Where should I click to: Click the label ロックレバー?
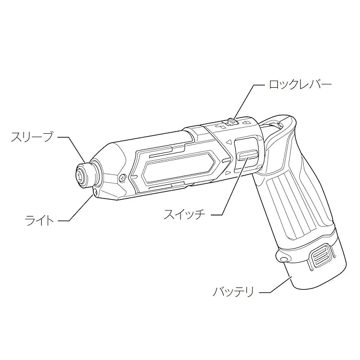[x=300, y=85]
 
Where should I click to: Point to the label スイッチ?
[x=183, y=214]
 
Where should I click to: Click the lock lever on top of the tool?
[x=231, y=121]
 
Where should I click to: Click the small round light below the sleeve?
[x=95, y=192]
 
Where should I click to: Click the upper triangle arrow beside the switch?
[x=229, y=141]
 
